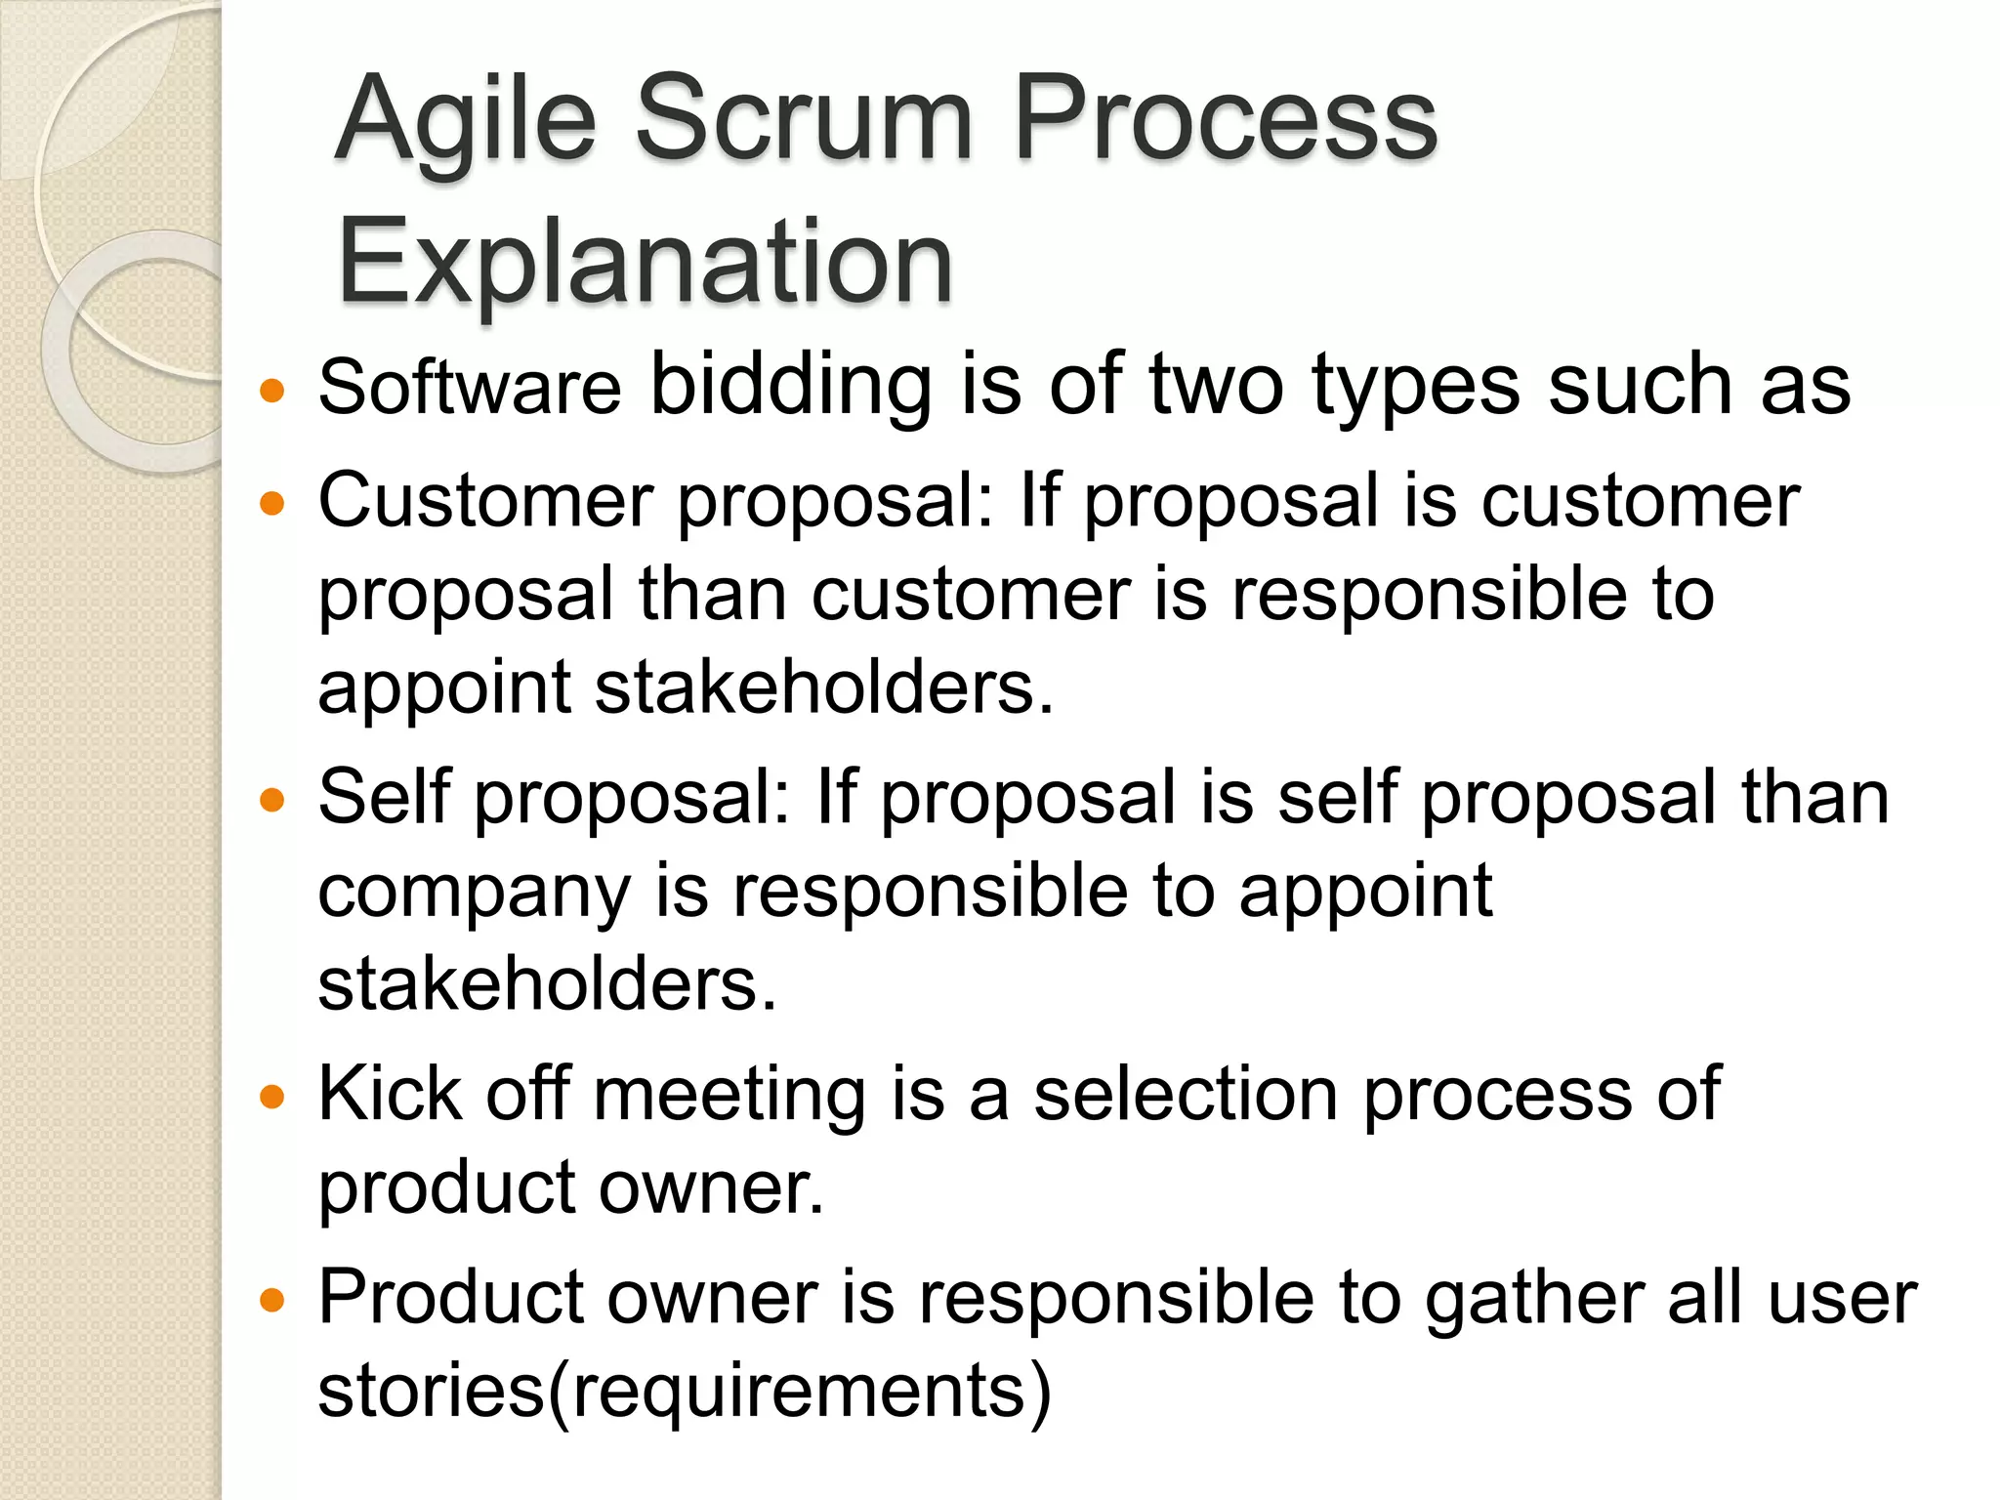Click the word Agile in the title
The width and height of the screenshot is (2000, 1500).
[465, 122]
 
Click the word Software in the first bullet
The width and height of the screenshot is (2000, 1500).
[469, 388]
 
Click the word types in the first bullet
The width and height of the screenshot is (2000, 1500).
[1415, 389]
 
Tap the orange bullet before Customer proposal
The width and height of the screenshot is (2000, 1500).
[272, 504]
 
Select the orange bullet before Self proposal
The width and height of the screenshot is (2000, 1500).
[272, 801]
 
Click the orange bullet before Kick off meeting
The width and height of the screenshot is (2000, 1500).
[272, 1097]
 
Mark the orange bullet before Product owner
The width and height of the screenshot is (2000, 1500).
[272, 1301]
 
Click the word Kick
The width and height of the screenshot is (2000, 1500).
[390, 1094]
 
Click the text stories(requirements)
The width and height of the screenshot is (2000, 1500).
[684, 1392]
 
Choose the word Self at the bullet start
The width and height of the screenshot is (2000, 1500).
[384, 797]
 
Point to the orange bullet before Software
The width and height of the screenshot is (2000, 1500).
[272, 392]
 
